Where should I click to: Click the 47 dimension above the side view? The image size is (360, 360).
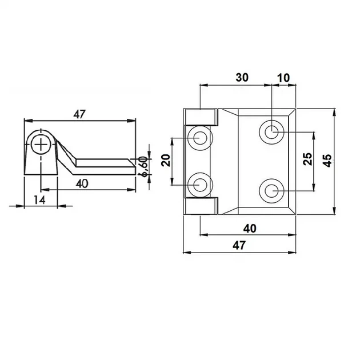click(79, 114)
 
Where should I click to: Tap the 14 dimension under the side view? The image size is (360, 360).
click(40, 200)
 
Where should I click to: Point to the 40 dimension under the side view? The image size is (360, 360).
click(82, 183)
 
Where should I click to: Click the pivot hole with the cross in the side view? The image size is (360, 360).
click(41, 145)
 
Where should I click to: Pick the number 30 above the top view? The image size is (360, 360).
click(242, 78)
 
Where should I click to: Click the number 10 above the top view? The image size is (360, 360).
click(284, 78)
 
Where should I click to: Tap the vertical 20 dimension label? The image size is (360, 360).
click(166, 160)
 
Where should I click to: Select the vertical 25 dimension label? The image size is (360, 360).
click(307, 159)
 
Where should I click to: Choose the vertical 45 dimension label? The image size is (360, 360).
click(327, 161)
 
